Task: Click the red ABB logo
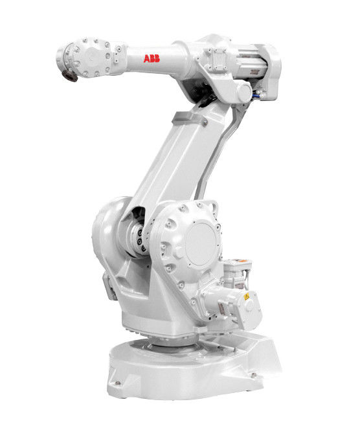tap(152, 58)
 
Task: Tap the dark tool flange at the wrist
tap(69, 75)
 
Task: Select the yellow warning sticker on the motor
tap(247, 297)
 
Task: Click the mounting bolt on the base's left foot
tap(118, 383)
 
